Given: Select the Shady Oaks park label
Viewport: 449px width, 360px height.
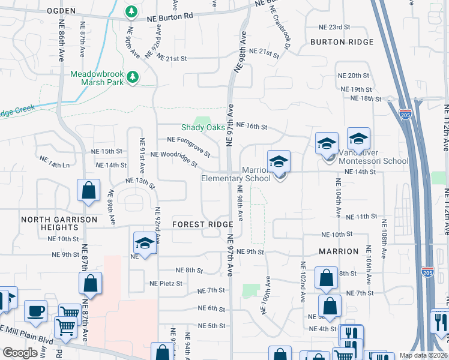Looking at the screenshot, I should (203, 127).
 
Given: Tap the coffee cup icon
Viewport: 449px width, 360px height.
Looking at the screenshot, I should (35, 311).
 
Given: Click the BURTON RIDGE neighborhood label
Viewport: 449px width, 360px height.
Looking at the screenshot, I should (342, 42).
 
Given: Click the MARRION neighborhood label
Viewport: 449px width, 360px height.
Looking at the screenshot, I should (339, 251).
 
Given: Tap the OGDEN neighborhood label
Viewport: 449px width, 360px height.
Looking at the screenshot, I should (59, 11).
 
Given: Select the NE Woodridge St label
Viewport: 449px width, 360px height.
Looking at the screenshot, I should (174, 158).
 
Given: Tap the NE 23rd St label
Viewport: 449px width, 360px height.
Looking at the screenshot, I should (334, 28).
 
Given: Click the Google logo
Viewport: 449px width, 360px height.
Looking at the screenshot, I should (20, 353).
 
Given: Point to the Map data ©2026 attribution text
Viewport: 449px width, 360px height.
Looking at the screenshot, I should (423, 355).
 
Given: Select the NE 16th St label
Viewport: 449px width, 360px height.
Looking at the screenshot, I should (251, 127).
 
